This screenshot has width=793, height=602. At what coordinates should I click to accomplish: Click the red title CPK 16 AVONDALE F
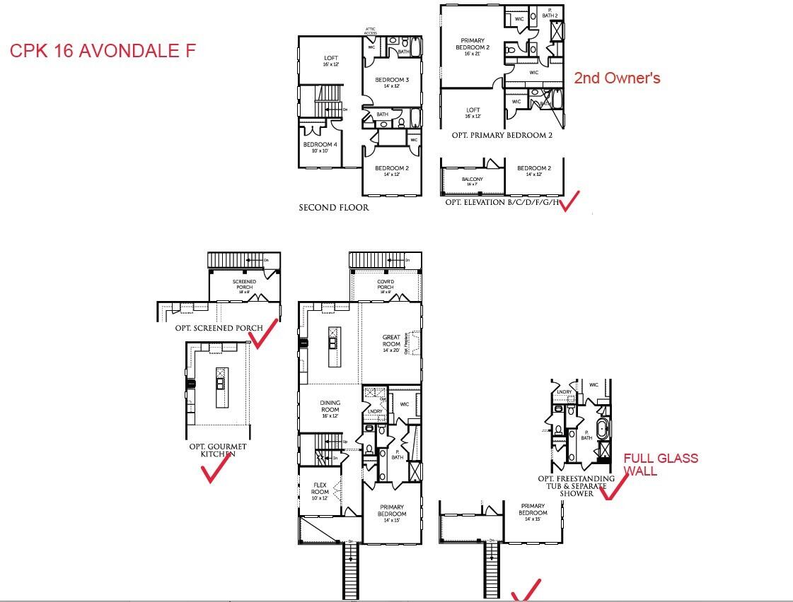click(102, 51)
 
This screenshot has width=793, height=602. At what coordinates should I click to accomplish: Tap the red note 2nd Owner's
click(617, 78)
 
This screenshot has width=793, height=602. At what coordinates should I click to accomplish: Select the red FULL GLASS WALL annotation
click(660, 464)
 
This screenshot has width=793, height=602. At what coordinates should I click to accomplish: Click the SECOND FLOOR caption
click(333, 208)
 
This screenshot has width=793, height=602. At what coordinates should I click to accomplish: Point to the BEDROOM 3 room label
click(396, 83)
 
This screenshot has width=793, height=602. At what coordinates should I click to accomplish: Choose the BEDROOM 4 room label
click(320, 147)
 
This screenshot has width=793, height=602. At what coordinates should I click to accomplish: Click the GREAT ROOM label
click(391, 341)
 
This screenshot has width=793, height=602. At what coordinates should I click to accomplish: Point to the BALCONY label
click(472, 182)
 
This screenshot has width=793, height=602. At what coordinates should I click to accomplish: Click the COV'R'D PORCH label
click(385, 284)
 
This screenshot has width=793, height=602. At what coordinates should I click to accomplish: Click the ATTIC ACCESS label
click(371, 31)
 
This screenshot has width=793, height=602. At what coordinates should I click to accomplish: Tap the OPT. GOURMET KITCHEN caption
click(217, 450)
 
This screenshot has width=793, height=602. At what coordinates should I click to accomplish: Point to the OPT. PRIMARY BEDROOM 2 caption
click(502, 135)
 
